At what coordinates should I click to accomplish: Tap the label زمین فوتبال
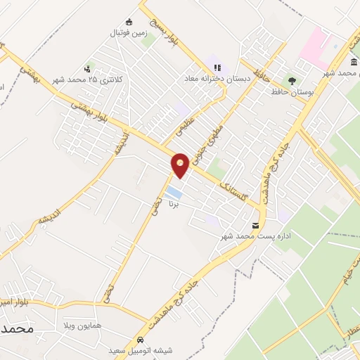[127, 32]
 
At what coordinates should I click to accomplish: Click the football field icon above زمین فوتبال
[127, 21]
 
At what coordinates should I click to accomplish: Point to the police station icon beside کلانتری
[87, 69]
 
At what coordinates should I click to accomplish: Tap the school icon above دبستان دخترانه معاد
[217, 67]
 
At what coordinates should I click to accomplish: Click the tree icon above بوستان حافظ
[292, 80]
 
